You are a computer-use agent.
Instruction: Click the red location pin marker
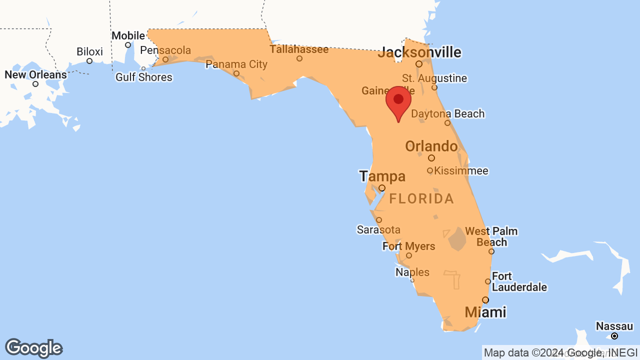pos(398,101)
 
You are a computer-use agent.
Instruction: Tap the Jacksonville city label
pos(420,52)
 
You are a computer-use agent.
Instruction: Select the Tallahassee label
pos(299,49)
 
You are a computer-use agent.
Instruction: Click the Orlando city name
pos(431,146)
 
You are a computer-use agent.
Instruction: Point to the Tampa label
pos(382,176)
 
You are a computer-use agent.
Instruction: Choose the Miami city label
pos(485,312)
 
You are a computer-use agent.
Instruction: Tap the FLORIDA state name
pos(421,199)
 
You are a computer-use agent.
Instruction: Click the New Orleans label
pos(35,75)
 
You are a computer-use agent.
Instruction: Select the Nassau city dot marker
pos(614,336)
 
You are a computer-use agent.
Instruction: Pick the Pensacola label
pos(165,50)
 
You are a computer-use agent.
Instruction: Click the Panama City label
pos(236,64)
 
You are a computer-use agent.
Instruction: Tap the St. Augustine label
pos(434,78)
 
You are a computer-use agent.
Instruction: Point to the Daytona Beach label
pos(447,114)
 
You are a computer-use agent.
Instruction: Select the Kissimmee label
pos(461,171)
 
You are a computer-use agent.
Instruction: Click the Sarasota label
pos(378,229)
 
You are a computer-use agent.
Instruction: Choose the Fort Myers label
pos(408,246)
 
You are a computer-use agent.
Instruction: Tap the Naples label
pos(412,272)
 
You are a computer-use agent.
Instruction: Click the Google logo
pos(33,348)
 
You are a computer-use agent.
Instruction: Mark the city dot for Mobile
pos(128,45)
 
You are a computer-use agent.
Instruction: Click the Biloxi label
pos(89,51)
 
